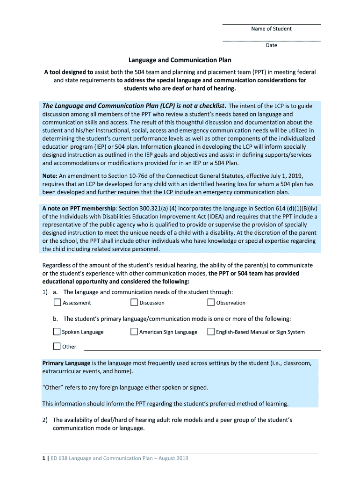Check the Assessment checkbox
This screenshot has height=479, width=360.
58,303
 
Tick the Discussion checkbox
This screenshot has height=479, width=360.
134,303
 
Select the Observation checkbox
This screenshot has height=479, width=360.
211,303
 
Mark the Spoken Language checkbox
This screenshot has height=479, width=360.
58,332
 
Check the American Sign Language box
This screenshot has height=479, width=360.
134,332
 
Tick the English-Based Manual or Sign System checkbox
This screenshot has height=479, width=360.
211,332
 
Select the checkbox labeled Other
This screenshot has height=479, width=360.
58,347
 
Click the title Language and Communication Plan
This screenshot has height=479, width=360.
180,60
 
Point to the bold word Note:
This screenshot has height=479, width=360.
50,175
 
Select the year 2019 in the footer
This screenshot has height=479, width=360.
181,458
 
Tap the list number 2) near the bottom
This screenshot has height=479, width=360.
45,420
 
